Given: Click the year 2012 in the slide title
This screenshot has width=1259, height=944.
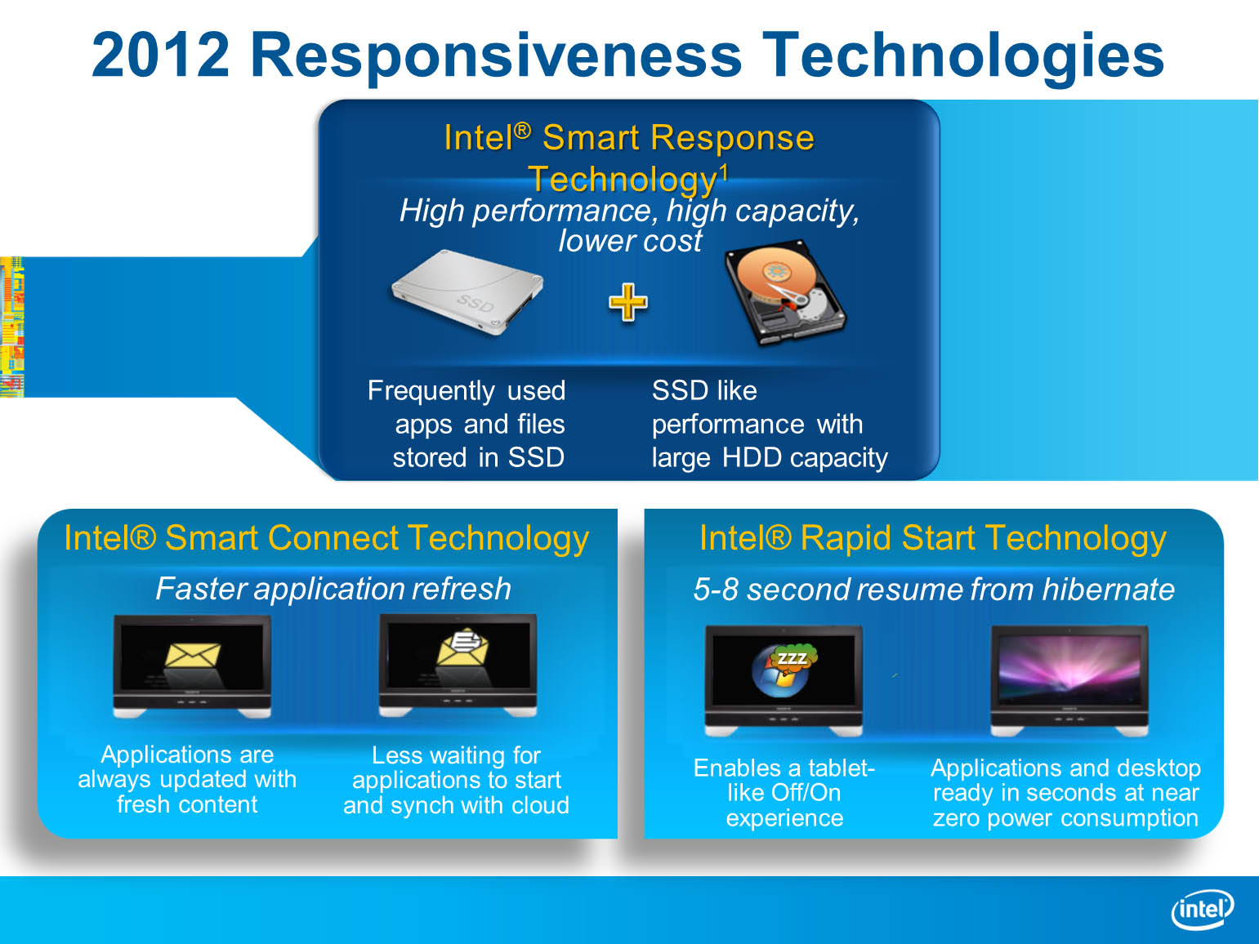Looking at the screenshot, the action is coord(161,55).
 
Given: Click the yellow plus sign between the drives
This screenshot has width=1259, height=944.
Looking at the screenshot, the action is coord(628,302).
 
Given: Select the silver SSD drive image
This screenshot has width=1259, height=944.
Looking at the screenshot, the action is coord(467,292).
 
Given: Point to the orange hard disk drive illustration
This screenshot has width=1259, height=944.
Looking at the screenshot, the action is coord(785,292).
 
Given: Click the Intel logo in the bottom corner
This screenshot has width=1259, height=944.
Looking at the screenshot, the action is coord(1202,909).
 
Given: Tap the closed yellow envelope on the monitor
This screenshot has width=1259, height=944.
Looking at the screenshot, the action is coord(193,655).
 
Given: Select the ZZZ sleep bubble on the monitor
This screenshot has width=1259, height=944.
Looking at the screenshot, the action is coord(792,658).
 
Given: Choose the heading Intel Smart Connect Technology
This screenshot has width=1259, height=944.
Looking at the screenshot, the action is coord(326,538).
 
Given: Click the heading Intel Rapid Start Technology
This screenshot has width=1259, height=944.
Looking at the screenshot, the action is coord(933,538).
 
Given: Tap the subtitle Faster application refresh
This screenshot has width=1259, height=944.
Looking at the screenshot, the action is coord(333,589).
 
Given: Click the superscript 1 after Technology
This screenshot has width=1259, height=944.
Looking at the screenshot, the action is coord(724,171).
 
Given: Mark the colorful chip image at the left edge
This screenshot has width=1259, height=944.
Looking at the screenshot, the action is coord(12,327).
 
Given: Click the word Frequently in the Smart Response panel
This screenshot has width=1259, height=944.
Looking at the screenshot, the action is coord(431,392).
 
